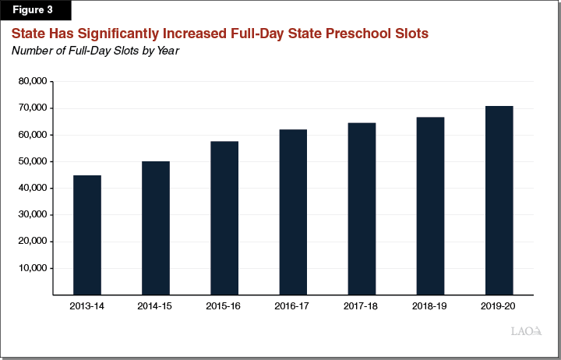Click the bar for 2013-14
(x=86, y=235)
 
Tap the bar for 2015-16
(x=224, y=217)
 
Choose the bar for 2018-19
(x=430, y=206)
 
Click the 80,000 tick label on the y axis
(x=32, y=82)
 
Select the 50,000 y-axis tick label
(x=32, y=162)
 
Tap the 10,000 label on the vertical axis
(x=32, y=268)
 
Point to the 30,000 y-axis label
(x=32, y=215)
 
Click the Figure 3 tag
(x=36, y=11)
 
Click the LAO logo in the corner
(x=526, y=331)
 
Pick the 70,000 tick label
(x=32, y=108)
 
